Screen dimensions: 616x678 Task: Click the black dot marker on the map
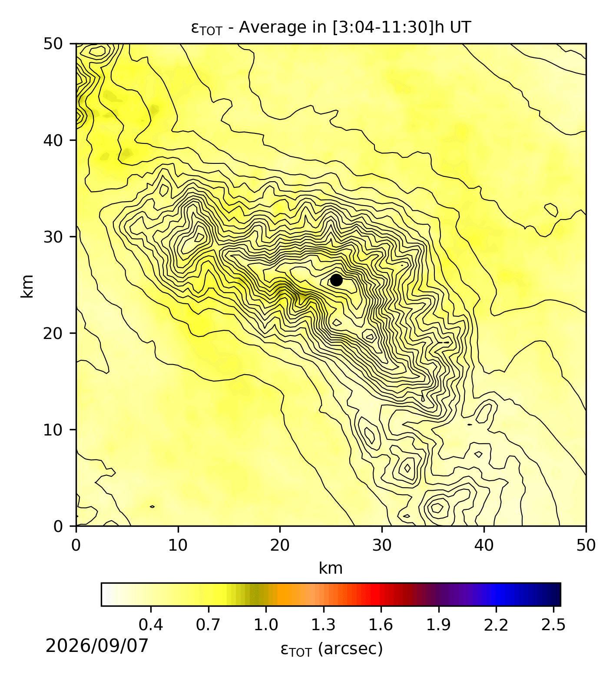(x=336, y=280)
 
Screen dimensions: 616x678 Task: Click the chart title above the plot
(x=331, y=28)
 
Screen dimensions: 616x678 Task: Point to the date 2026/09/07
(x=97, y=646)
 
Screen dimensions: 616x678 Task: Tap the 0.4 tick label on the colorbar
(x=151, y=625)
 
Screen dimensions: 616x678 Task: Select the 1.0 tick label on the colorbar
(x=266, y=625)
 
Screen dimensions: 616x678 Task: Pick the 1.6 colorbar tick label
(x=381, y=625)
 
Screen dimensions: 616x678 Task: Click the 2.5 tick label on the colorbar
(x=553, y=625)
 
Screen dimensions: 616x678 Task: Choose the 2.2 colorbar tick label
(x=496, y=625)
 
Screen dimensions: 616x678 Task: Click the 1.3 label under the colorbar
(x=324, y=625)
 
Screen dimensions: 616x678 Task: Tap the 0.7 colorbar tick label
(x=209, y=625)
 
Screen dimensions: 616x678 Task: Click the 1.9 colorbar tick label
(x=438, y=625)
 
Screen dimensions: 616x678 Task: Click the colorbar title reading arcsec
(x=332, y=649)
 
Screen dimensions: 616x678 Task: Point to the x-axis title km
(x=331, y=568)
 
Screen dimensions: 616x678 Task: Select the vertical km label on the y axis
(x=27, y=286)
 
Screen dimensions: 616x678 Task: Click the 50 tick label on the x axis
(x=586, y=545)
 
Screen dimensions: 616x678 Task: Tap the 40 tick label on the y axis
(x=53, y=140)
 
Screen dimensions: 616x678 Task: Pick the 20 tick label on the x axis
(x=280, y=545)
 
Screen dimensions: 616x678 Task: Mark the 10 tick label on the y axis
(x=53, y=429)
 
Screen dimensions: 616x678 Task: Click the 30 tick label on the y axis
(x=53, y=236)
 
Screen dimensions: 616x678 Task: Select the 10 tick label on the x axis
(x=178, y=545)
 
